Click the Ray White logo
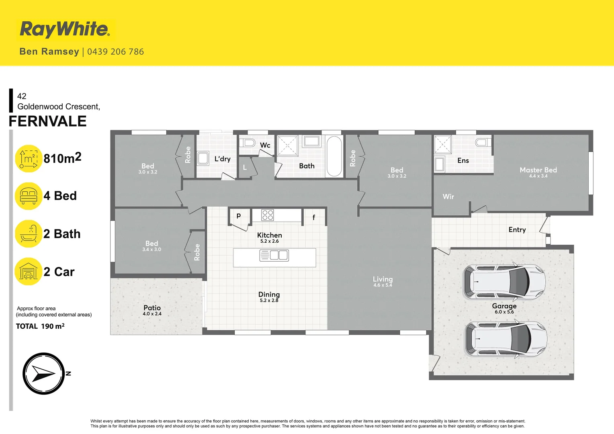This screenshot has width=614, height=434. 65,29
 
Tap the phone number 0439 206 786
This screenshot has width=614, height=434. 115,52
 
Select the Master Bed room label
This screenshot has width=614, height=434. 538,170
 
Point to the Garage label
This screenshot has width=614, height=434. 504,306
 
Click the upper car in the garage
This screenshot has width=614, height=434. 504,282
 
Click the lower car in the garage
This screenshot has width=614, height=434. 506,339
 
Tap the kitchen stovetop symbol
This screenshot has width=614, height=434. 268,215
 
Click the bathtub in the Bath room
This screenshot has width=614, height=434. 334,156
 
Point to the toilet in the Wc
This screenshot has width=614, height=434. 250,143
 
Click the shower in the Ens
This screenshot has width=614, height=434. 443,144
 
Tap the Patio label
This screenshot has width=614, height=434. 152,308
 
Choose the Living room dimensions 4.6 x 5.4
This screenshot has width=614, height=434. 383,285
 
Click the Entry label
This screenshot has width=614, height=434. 517,230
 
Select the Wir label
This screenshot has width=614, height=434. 448,197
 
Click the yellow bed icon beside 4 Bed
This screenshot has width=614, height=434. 29,196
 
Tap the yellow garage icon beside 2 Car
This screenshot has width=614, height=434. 29,272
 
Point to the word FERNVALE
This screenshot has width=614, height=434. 48,121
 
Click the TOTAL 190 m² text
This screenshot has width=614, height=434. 40,326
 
